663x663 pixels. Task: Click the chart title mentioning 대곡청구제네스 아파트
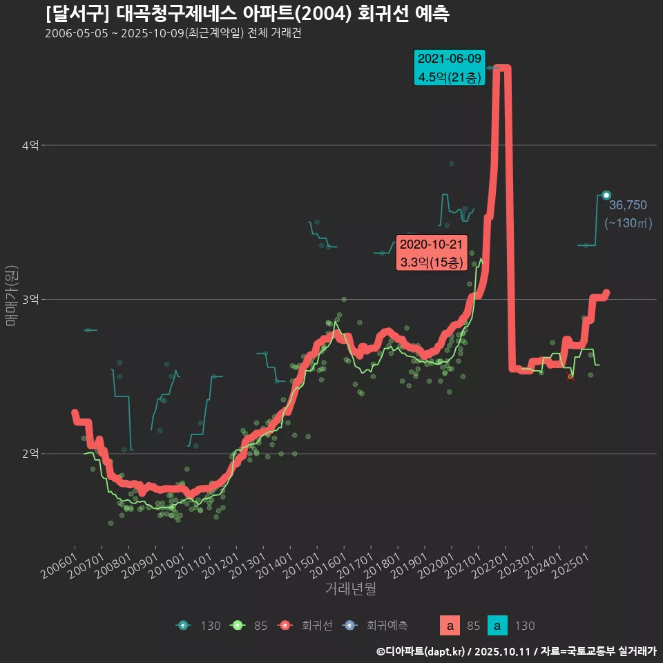click(x=247, y=14)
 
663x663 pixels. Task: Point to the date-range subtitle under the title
click(x=173, y=34)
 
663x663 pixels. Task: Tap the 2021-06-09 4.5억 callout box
click(x=449, y=68)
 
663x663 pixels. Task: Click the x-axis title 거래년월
click(x=350, y=589)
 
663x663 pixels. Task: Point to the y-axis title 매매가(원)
click(x=10, y=295)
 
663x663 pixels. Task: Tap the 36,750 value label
click(x=628, y=204)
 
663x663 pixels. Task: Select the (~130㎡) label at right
click(x=628, y=223)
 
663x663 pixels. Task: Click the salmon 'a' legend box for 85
click(x=450, y=626)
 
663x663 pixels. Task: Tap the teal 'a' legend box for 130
click(x=498, y=626)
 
